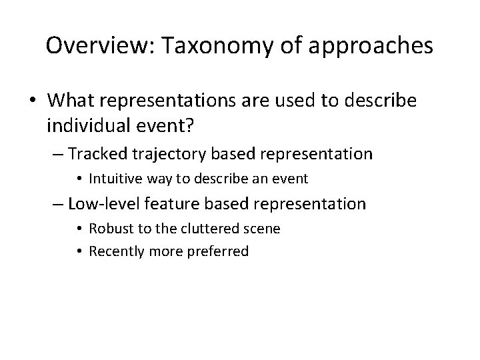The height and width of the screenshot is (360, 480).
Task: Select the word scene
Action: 263,229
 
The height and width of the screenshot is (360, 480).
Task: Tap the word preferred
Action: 221,251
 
